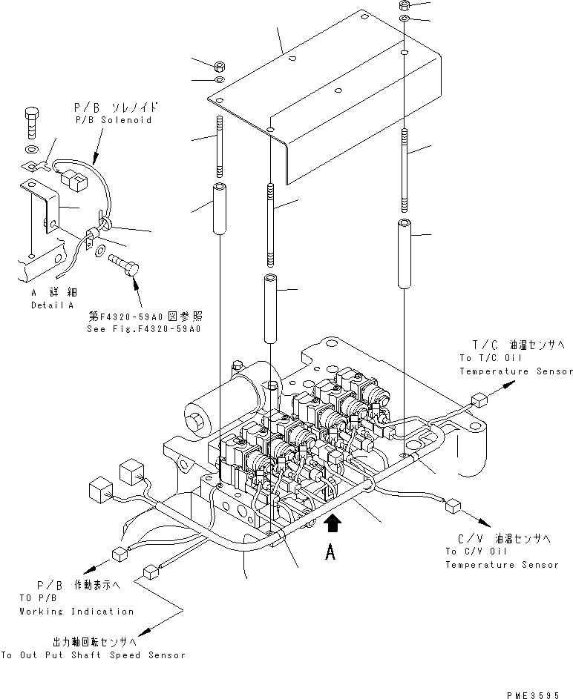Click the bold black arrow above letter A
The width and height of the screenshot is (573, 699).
[333, 524]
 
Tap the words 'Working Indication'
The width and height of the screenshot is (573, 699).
[76, 612]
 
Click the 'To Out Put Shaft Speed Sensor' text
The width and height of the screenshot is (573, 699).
[93, 655]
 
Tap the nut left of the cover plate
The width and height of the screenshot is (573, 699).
[220, 64]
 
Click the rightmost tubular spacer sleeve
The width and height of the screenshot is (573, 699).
[404, 254]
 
